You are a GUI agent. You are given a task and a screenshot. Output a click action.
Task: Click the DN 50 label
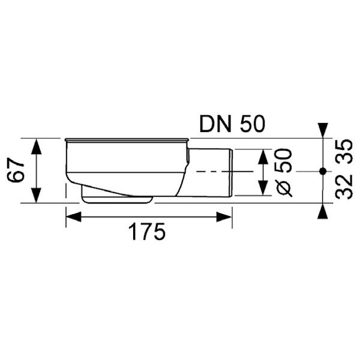click(x=232, y=124)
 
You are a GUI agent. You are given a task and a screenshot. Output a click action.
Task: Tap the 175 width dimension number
click(x=147, y=232)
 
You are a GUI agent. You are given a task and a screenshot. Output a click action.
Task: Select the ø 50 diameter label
click(x=284, y=173)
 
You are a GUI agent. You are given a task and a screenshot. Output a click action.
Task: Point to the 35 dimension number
click(x=344, y=152)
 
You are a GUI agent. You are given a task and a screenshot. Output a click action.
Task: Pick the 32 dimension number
click(x=344, y=187)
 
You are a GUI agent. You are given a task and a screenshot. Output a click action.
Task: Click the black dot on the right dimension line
click(x=323, y=171)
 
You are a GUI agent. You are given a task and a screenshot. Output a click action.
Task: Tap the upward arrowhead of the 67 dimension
click(x=36, y=146)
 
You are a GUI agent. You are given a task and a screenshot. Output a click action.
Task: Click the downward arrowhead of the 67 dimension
click(x=36, y=195)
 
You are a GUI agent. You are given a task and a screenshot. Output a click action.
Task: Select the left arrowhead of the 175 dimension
click(x=74, y=217)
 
